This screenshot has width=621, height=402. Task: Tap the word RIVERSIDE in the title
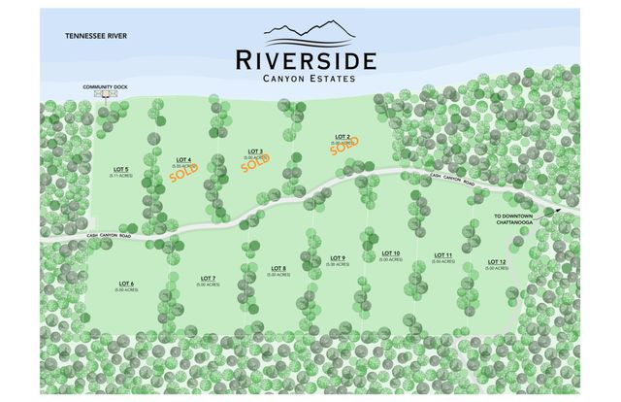[306, 59]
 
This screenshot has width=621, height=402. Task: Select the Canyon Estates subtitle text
[306, 78]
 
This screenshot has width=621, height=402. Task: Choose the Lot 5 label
[121, 172]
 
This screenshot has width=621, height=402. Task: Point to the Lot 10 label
[391, 255]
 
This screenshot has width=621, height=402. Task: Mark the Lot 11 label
[442, 256]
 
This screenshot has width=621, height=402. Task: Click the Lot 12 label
[497, 263]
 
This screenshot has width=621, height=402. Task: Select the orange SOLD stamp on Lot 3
[256, 162]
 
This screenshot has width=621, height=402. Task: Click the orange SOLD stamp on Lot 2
[343, 147]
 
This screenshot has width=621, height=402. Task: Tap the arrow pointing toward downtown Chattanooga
[552, 211]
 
